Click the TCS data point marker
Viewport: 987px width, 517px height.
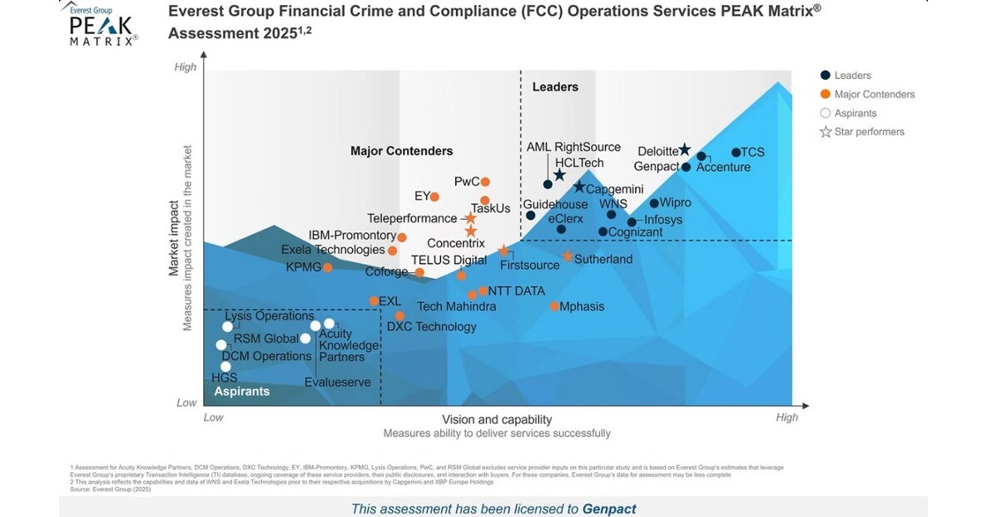pos(736,152)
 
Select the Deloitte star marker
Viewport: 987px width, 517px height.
pos(684,150)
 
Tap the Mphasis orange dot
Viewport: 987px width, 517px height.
pos(554,306)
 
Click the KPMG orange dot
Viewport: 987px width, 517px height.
pos(328,267)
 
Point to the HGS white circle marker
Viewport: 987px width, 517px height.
pos(226,366)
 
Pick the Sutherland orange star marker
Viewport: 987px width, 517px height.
pos(568,256)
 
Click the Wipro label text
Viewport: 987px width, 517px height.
pos(675,202)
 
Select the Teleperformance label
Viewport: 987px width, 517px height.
pos(414,218)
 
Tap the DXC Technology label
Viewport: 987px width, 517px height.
pos(432,326)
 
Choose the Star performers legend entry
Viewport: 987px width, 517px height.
pos(869,132)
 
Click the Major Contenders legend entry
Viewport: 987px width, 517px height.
pos(874,94)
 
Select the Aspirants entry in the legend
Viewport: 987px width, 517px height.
pos(855,113)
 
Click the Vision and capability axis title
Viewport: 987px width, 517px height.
pos(497,420)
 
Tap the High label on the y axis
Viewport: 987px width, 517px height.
pos(186,67)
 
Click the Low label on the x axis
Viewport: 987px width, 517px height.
pos(213,417)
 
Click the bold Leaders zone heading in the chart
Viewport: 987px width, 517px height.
pos(555,87)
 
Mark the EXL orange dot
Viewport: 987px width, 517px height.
pos(373,301)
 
